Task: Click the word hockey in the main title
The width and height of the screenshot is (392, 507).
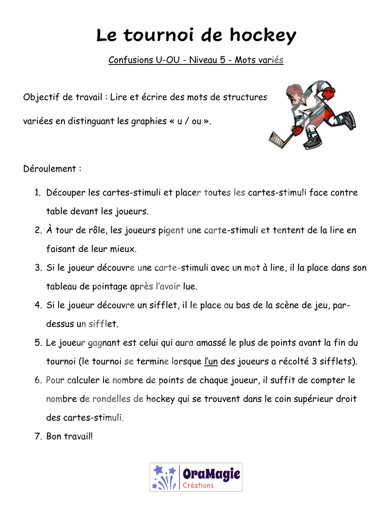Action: coord(263,35)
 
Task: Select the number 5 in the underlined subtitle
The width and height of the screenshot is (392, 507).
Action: coord(222,60)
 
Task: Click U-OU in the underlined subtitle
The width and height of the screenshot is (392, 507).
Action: coord(167,60)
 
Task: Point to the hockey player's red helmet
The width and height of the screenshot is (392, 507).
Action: coord(294,89)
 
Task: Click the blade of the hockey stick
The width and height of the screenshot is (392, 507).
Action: coord(277,139)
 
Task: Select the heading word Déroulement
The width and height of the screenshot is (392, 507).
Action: coord(50,168)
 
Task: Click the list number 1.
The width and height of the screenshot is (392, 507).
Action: coord(38,193)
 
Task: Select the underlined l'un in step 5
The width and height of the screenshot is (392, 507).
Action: coord(211,361)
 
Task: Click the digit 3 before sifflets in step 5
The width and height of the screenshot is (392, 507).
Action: coord(314,361)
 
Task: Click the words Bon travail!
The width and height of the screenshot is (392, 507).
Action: coord(70,436)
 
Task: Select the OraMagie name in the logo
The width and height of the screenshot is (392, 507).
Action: coord(211,474)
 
